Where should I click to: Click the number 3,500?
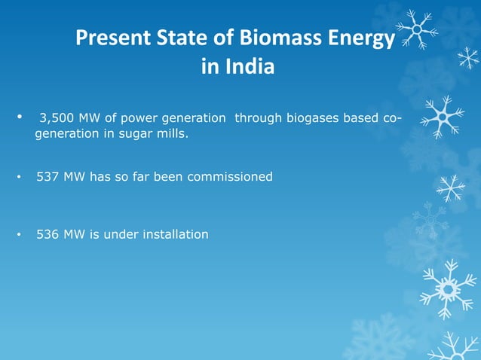click(x=57, y=118)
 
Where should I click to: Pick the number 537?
click(x=47, y=177)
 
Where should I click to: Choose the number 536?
click(x=47, y=234)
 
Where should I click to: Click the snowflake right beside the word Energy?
click(x=417, y=30)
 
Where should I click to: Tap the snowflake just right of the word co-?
click(x=442, y=117)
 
